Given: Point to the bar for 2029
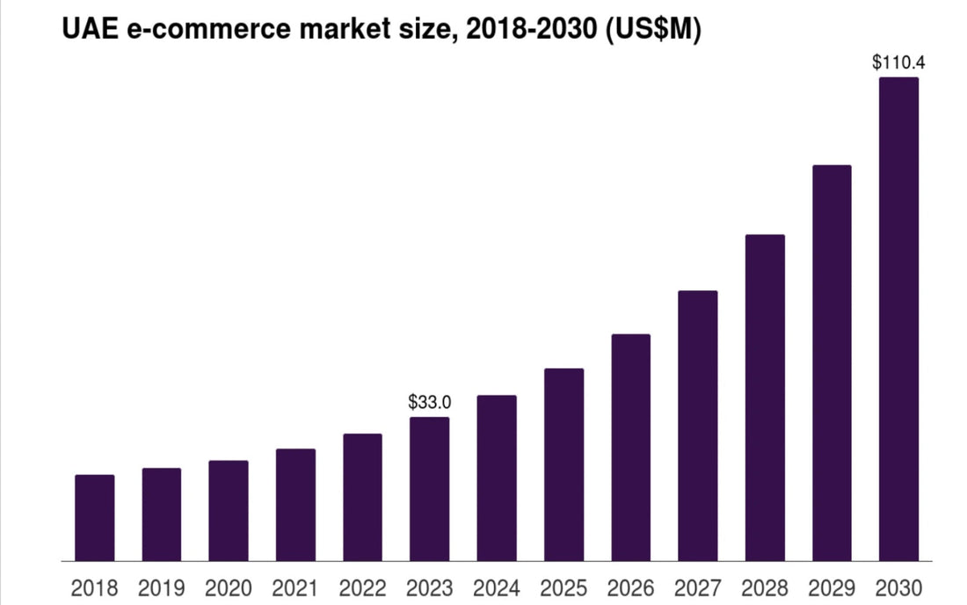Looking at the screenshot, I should click(x=832, y=362).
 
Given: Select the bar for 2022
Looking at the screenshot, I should click(x=362, y=497).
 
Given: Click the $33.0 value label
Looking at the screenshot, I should click(x=429, y=403).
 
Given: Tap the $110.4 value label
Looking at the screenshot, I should click(x=898, y=62).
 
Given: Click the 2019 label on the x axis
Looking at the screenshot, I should click(x=162, y=587).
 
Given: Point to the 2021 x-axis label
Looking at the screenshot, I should click(x=295, y=587).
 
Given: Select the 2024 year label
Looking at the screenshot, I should click(x=497, y=587).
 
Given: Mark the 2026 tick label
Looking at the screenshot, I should click(x=630, y=587).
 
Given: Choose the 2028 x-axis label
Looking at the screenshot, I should click(x=765, y=587).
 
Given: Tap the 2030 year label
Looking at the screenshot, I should click(x=898, y=587).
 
